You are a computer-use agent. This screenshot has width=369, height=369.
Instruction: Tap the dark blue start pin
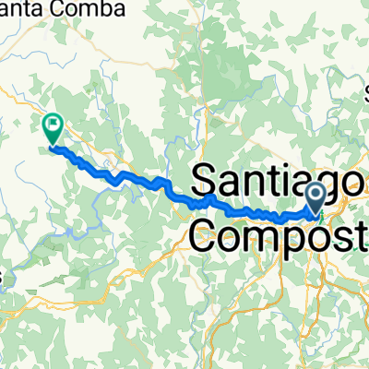pos(315,196)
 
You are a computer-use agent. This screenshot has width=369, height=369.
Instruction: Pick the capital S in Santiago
pos(205,178)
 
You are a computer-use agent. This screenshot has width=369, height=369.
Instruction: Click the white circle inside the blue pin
pos(315,193)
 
